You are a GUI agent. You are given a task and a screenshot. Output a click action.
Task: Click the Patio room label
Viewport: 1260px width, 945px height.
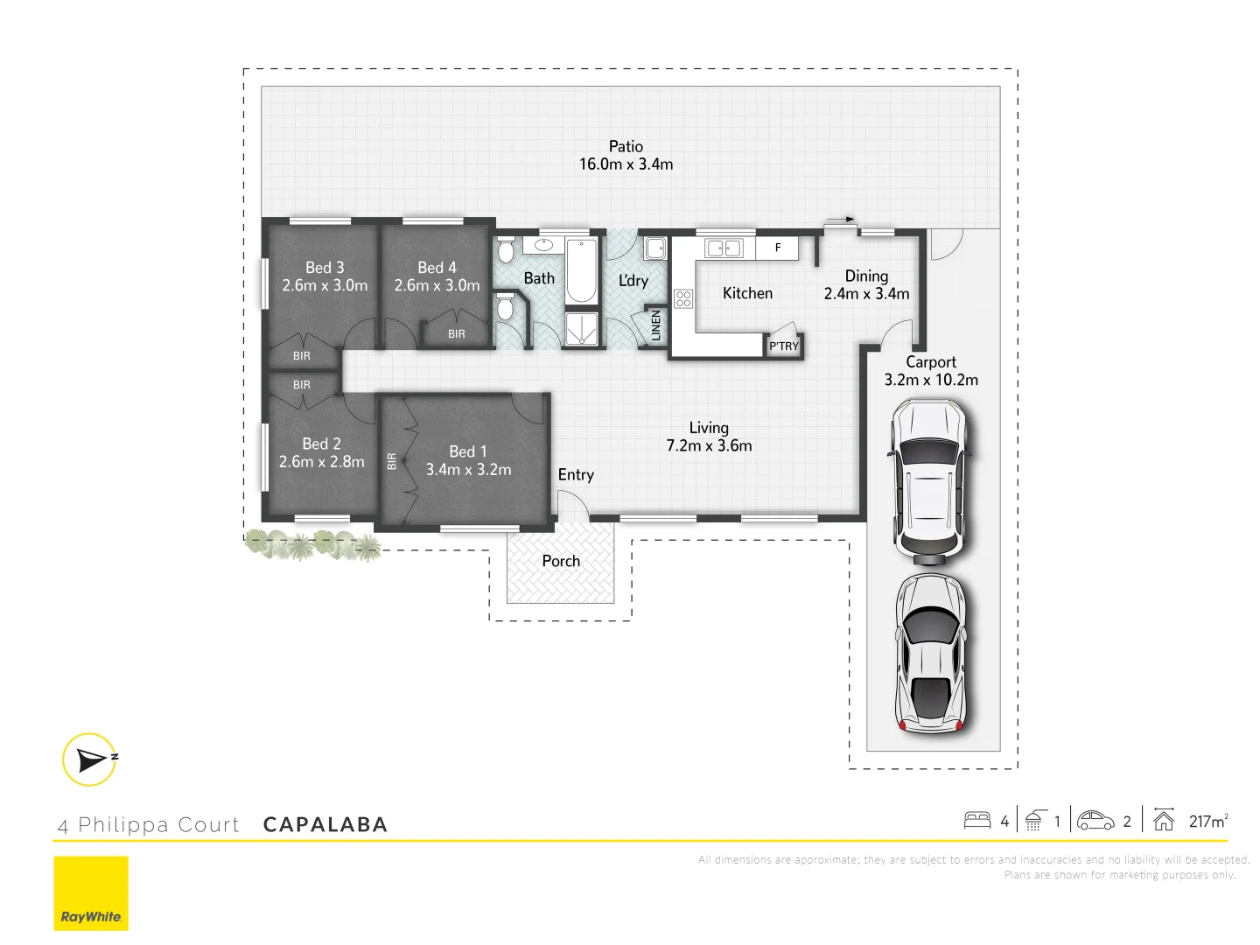pyautogui.click(x=626, y=147)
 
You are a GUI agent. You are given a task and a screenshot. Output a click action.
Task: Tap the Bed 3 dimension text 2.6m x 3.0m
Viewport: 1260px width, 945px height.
pyautogui.click(x=325, y=286)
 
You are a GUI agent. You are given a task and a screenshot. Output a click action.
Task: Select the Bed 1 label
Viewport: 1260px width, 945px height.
pyautogui.click(x=467, y=451)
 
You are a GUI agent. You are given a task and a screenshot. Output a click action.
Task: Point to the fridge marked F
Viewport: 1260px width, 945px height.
pyautogui.click(x=777, y=248)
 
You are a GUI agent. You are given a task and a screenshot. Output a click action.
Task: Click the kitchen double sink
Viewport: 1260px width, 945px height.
pyautogui.click(x=724, y=248)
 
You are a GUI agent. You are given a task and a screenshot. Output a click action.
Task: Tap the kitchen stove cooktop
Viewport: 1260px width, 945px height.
pyautogui.click(x=683, y=298)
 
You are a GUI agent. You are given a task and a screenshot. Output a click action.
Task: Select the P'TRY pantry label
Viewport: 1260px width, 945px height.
pyautogui.click(x=784, y=346)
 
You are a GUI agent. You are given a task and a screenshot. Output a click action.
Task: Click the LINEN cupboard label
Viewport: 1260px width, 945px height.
pyautogui.click(x=656, y=326)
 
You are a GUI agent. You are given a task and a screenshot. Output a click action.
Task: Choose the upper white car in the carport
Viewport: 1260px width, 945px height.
pyautogui.click(x=930, y=481)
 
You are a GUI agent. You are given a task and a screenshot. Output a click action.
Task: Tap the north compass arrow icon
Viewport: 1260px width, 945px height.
pyautogui.click(x=90, y=759)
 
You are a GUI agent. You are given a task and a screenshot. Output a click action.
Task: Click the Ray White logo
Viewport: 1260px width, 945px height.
pyautogui.click(x=91, y=893)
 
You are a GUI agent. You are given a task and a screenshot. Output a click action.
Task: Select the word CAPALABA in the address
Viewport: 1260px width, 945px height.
pyautogui.click(x=325, y=825)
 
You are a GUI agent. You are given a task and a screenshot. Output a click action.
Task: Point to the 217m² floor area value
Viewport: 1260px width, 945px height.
pyautogui.click(x=1207, y=821)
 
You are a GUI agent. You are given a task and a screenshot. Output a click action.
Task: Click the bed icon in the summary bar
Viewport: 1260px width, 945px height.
pyautogui.click(x=976, y=821)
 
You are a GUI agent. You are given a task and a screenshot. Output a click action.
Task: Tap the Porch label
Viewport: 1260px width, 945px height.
pyautogui.click(x=561, y=561)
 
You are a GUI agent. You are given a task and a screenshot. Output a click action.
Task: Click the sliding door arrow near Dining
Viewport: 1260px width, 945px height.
pyautogui.click(x=841, y=220)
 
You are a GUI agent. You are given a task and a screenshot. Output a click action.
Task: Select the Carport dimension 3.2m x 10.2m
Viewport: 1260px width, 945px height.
pyautogui.click(x=931, y=381)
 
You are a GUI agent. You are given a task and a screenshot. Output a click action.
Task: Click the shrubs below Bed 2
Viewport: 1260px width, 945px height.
pyautogui.click(x=313, y=544)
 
